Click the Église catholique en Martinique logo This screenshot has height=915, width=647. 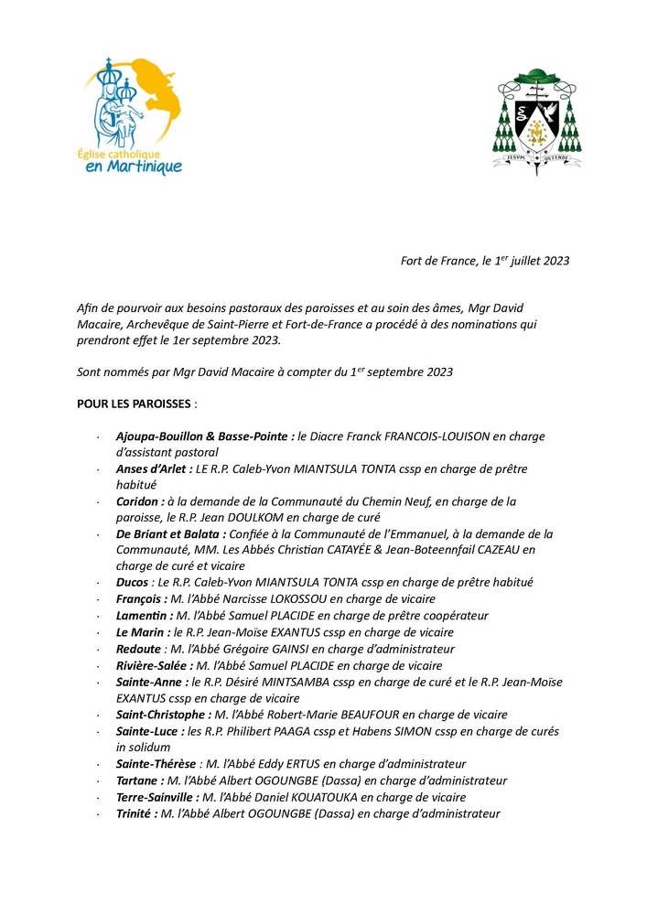point(129,116)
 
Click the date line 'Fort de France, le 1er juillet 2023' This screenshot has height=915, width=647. point(485,261)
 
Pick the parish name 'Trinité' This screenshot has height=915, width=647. point(136,813)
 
